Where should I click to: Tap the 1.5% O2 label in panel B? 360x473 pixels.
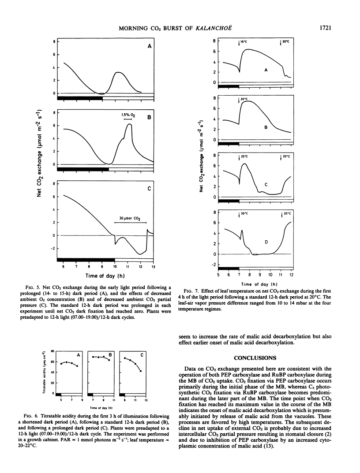click(127, 115)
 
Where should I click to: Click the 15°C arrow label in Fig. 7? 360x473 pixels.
click(243, 42)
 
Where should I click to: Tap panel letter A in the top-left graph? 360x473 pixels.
click(149, 46)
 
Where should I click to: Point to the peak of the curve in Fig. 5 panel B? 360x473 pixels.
click(129, 124)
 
